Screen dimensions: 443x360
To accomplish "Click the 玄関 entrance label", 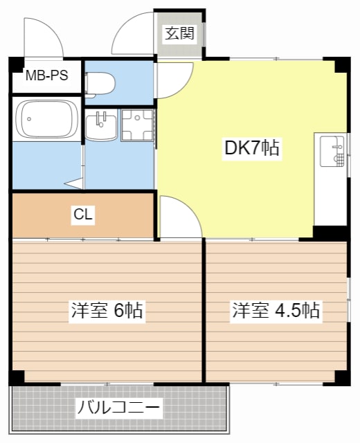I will pyautogui.click(x=179, y=33).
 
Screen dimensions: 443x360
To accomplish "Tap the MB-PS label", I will pyautogui.click(x=46, y=75).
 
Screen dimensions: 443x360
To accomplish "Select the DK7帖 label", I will pyautogui.click(x=252, y=148).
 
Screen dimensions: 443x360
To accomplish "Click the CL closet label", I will pyautogui.click(x=83, y=214).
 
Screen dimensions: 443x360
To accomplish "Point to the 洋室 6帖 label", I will pyautogui.click(x=107, y=311).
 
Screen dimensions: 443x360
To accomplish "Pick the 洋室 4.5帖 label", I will pyautogui.click(x=276, y=311).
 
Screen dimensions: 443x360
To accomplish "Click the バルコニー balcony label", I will pyautogui.click(x=118, y=407).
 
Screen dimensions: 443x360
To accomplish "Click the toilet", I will pyautogui.click(x=101, y=84).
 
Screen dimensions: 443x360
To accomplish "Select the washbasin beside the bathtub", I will pyautogui.click(x=101, y=127).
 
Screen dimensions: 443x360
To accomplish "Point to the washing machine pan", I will pyautogui.click(x=137, y=125).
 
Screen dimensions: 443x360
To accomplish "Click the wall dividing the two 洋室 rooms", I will pyautogui.click(x=204, y=311).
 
